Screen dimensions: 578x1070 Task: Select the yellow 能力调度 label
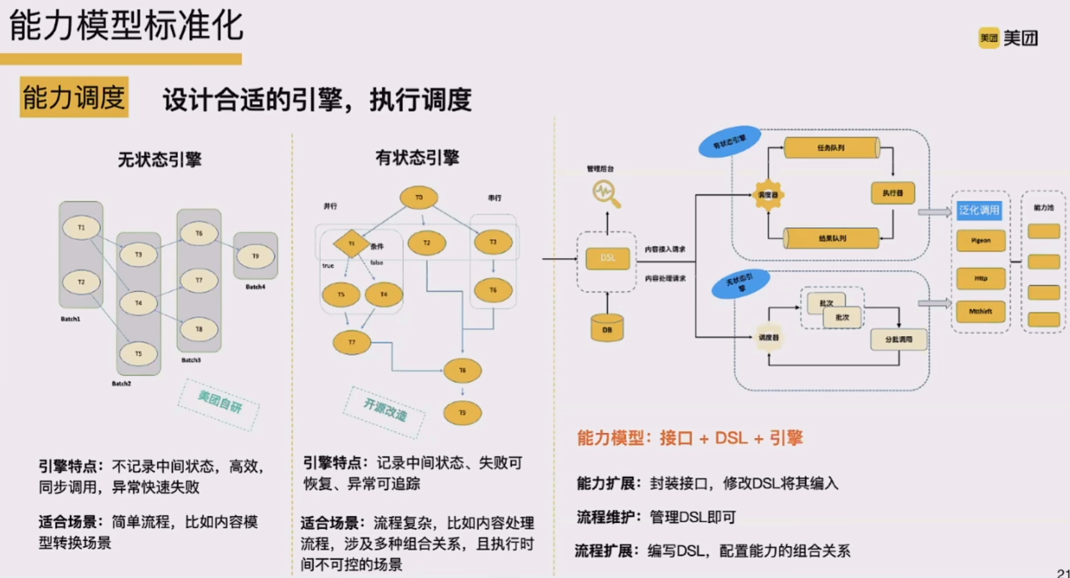(x=74, y=98)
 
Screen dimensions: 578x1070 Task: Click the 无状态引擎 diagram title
(x=159, y=159)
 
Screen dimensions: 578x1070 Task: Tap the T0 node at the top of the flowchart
(x=419, y=198)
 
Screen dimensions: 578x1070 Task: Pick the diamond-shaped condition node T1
(x=351, y=244)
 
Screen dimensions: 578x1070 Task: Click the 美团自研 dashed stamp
(x=219, y=402)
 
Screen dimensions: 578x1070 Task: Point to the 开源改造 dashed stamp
(x=385, y=410)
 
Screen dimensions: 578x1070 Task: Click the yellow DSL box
(x=607, y=258)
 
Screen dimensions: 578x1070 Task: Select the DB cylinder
(x=607, y=328)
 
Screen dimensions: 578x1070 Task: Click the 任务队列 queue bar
(x=831, y=148)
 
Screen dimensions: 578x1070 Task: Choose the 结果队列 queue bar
(x=831, y=238)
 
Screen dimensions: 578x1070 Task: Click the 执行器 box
(x=892, y=193)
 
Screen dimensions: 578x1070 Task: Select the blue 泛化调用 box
(x=979, y=210)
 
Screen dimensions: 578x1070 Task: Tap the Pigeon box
(x=980, y=241)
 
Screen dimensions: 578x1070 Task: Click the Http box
(x=980, y=278)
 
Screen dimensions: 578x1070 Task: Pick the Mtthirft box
(x=980, y=312)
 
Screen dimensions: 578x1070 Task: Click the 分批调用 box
(x=898, y=339)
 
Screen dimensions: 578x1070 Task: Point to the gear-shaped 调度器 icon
(x=768, y=195)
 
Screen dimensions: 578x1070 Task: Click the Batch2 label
(x=121, y=384)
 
